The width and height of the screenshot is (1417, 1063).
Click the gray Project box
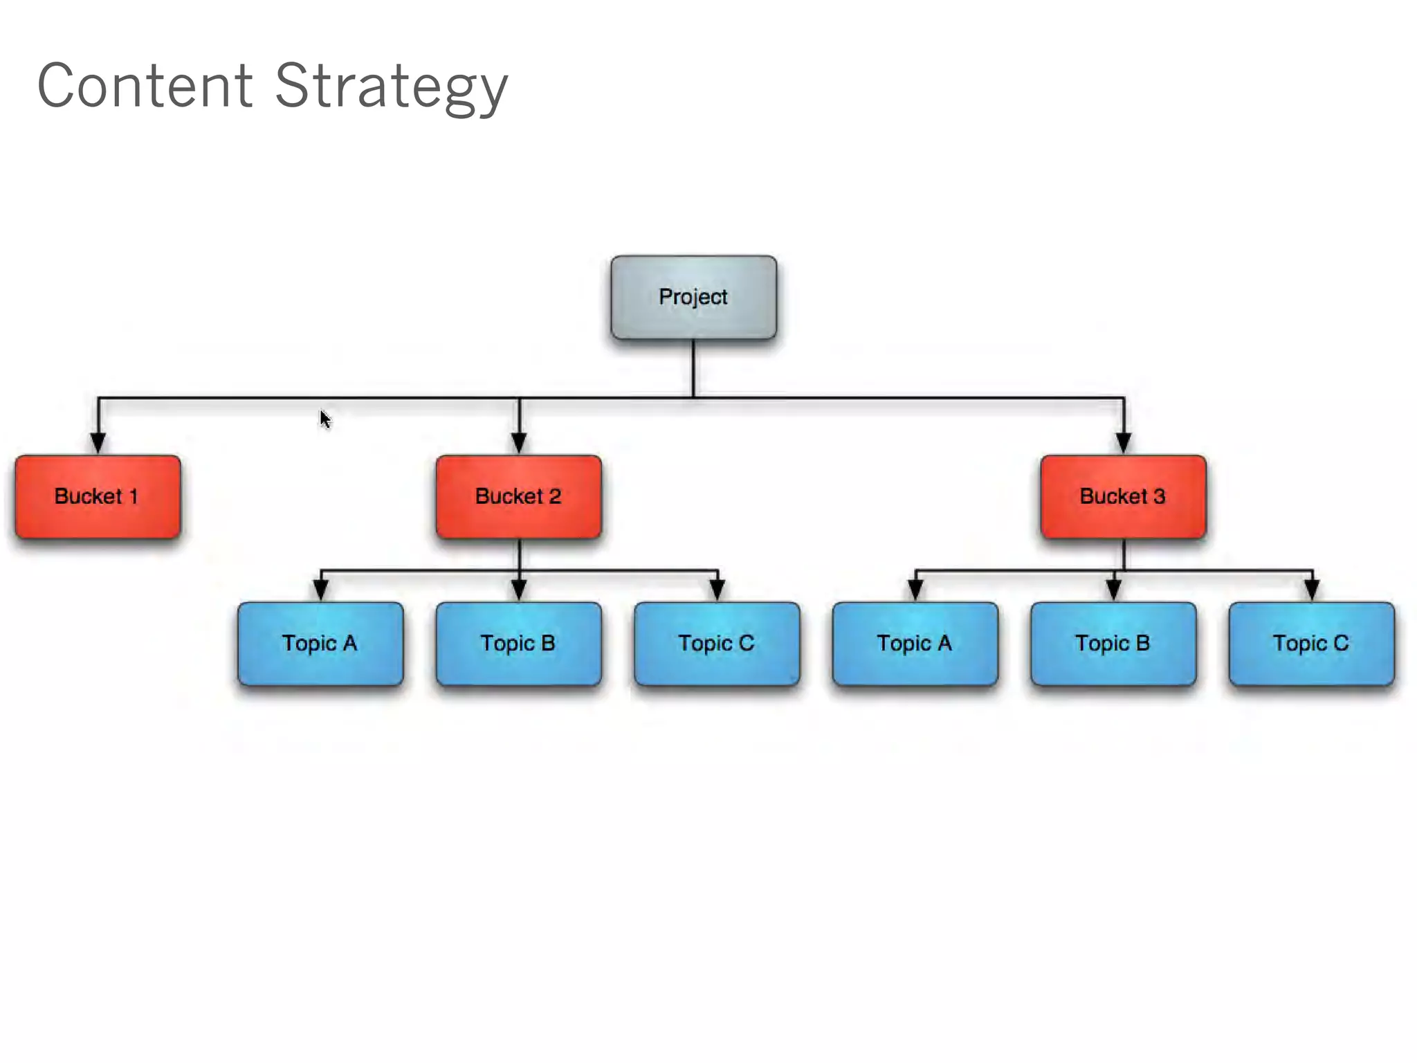(693, 298)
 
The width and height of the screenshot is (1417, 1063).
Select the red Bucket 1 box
(98, 497)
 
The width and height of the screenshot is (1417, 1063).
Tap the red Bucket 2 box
(518, 497)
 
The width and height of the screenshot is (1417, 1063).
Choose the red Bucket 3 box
(1123, 497)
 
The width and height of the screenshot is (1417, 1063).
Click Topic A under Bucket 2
(320, 644)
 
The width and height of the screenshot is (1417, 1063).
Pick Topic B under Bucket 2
(518, 644)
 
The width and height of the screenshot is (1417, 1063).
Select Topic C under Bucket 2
(717, 644)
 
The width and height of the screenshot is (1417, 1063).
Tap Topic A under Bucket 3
(915, 644)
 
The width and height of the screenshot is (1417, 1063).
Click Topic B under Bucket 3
(1113, 644)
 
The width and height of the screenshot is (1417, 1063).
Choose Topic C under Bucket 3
(1311, 644)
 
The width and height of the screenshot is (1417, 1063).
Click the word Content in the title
(145, 87)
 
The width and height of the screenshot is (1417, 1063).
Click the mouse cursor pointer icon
(325, 419)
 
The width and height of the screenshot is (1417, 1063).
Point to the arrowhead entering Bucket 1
(98, 443)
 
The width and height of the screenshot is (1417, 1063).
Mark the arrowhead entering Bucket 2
(519, 443)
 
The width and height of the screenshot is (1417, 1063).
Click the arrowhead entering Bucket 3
(1124, 443)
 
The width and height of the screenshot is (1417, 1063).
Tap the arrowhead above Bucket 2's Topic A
(320, 590)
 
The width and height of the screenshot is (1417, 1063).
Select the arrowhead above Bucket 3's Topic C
(1312, 590)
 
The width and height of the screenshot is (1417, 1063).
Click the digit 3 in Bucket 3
(1159, 496)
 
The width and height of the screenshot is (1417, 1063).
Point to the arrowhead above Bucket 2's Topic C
(717, 590)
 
